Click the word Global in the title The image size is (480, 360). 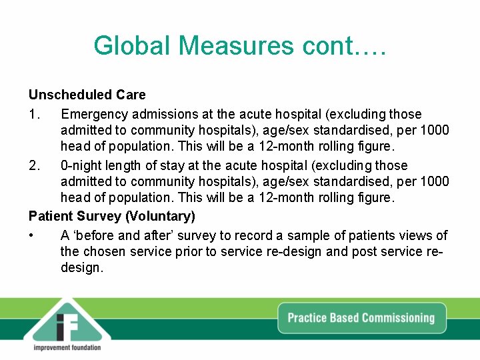tap(132, 45)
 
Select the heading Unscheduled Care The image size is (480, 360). tap(87, 95)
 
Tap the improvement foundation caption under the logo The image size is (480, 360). tap(67, 347)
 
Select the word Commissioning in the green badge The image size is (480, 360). tap(398, 317)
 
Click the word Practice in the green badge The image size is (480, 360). tap(309, 317)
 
